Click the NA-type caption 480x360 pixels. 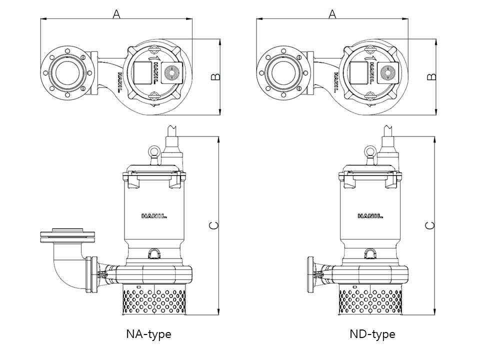[148, 334]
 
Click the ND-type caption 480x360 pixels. [372, 334]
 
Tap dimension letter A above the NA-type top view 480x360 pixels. [116, 14]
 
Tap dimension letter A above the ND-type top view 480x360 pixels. [332, 14]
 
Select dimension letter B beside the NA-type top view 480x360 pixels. [215, 76]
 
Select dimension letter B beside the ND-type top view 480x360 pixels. [431, 76]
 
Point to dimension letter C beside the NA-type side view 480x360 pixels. [213, 225]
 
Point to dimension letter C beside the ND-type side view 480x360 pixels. [430, 225]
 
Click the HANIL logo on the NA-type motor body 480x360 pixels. [153, 216]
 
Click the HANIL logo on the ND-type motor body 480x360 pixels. [370, 216]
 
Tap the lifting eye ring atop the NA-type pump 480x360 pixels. [153, 151]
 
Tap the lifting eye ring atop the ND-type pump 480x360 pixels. [370, 151]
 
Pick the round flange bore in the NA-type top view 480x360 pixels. [66, 71]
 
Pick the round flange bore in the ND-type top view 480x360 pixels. [282, 71]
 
